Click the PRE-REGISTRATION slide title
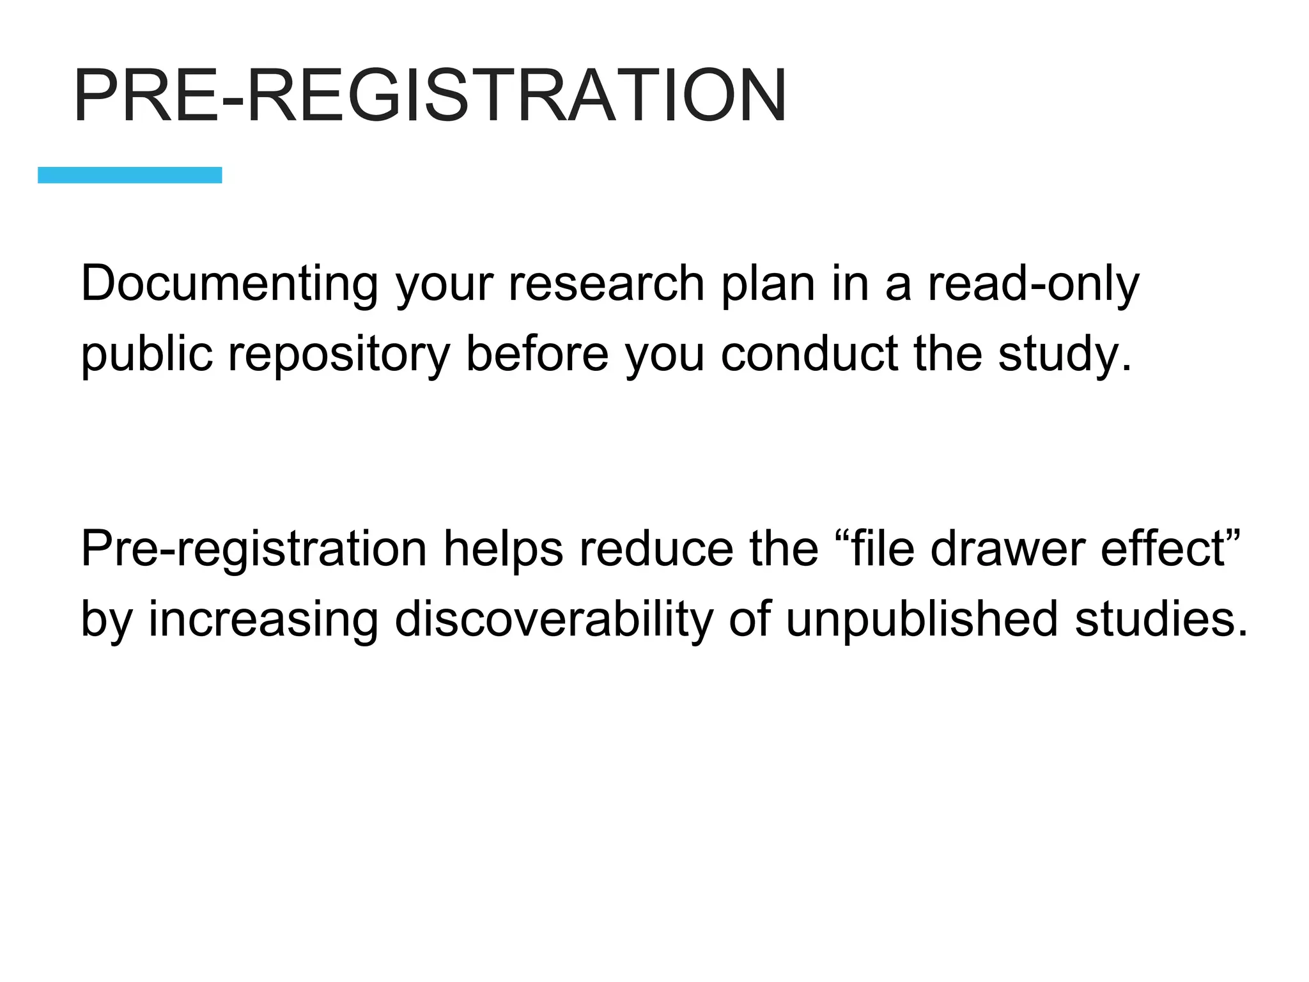(x=430, y=96)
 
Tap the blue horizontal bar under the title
(x=130, y=175)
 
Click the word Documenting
(x=229, y=284)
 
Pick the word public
(x=146, y=354)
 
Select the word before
(x=537, y=353)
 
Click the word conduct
(x=809, y=353)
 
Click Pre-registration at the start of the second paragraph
(x=254, y=550)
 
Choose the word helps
(x=503, y=550)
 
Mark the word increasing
(x=263, y=620)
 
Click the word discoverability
(x=554, y=619)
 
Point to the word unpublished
(x=922, y=620)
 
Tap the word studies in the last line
(x=1159, y=619)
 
